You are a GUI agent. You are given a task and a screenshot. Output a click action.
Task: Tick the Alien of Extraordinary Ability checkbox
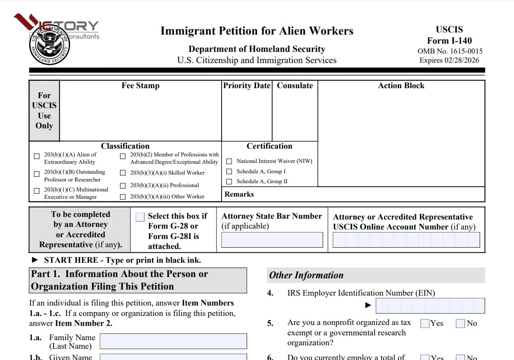point(37,156)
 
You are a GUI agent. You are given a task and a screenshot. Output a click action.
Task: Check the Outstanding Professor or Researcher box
point(37,174)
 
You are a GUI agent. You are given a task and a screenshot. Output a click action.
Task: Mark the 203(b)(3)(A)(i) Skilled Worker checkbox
point(123,173)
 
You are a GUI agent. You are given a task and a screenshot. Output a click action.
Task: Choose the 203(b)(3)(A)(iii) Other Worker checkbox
point(123,197)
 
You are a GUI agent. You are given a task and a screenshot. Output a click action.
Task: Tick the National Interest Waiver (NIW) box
point(229,161)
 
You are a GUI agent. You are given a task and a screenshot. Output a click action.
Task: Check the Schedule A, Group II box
point(229,182)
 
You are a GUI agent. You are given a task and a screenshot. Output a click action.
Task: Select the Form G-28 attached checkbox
point(140,217)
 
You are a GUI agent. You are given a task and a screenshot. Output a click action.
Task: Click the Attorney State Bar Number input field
point(272,240)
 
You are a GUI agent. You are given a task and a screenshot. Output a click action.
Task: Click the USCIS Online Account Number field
point(406,240)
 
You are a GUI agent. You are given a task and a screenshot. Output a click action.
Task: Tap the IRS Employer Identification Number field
point(430,306)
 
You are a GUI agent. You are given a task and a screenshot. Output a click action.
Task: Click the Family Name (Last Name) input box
point(173,341)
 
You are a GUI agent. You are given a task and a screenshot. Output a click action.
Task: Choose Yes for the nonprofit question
point(425,323)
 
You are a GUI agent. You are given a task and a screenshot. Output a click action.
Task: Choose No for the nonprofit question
point(460,323)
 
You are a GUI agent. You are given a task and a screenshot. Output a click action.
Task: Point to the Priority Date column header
point(247,86)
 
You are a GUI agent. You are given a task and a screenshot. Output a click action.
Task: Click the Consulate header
point(295,86)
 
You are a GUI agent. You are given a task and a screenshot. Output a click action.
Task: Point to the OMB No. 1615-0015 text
point(450,51)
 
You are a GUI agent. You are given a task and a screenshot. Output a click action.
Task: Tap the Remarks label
point(239,194)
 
